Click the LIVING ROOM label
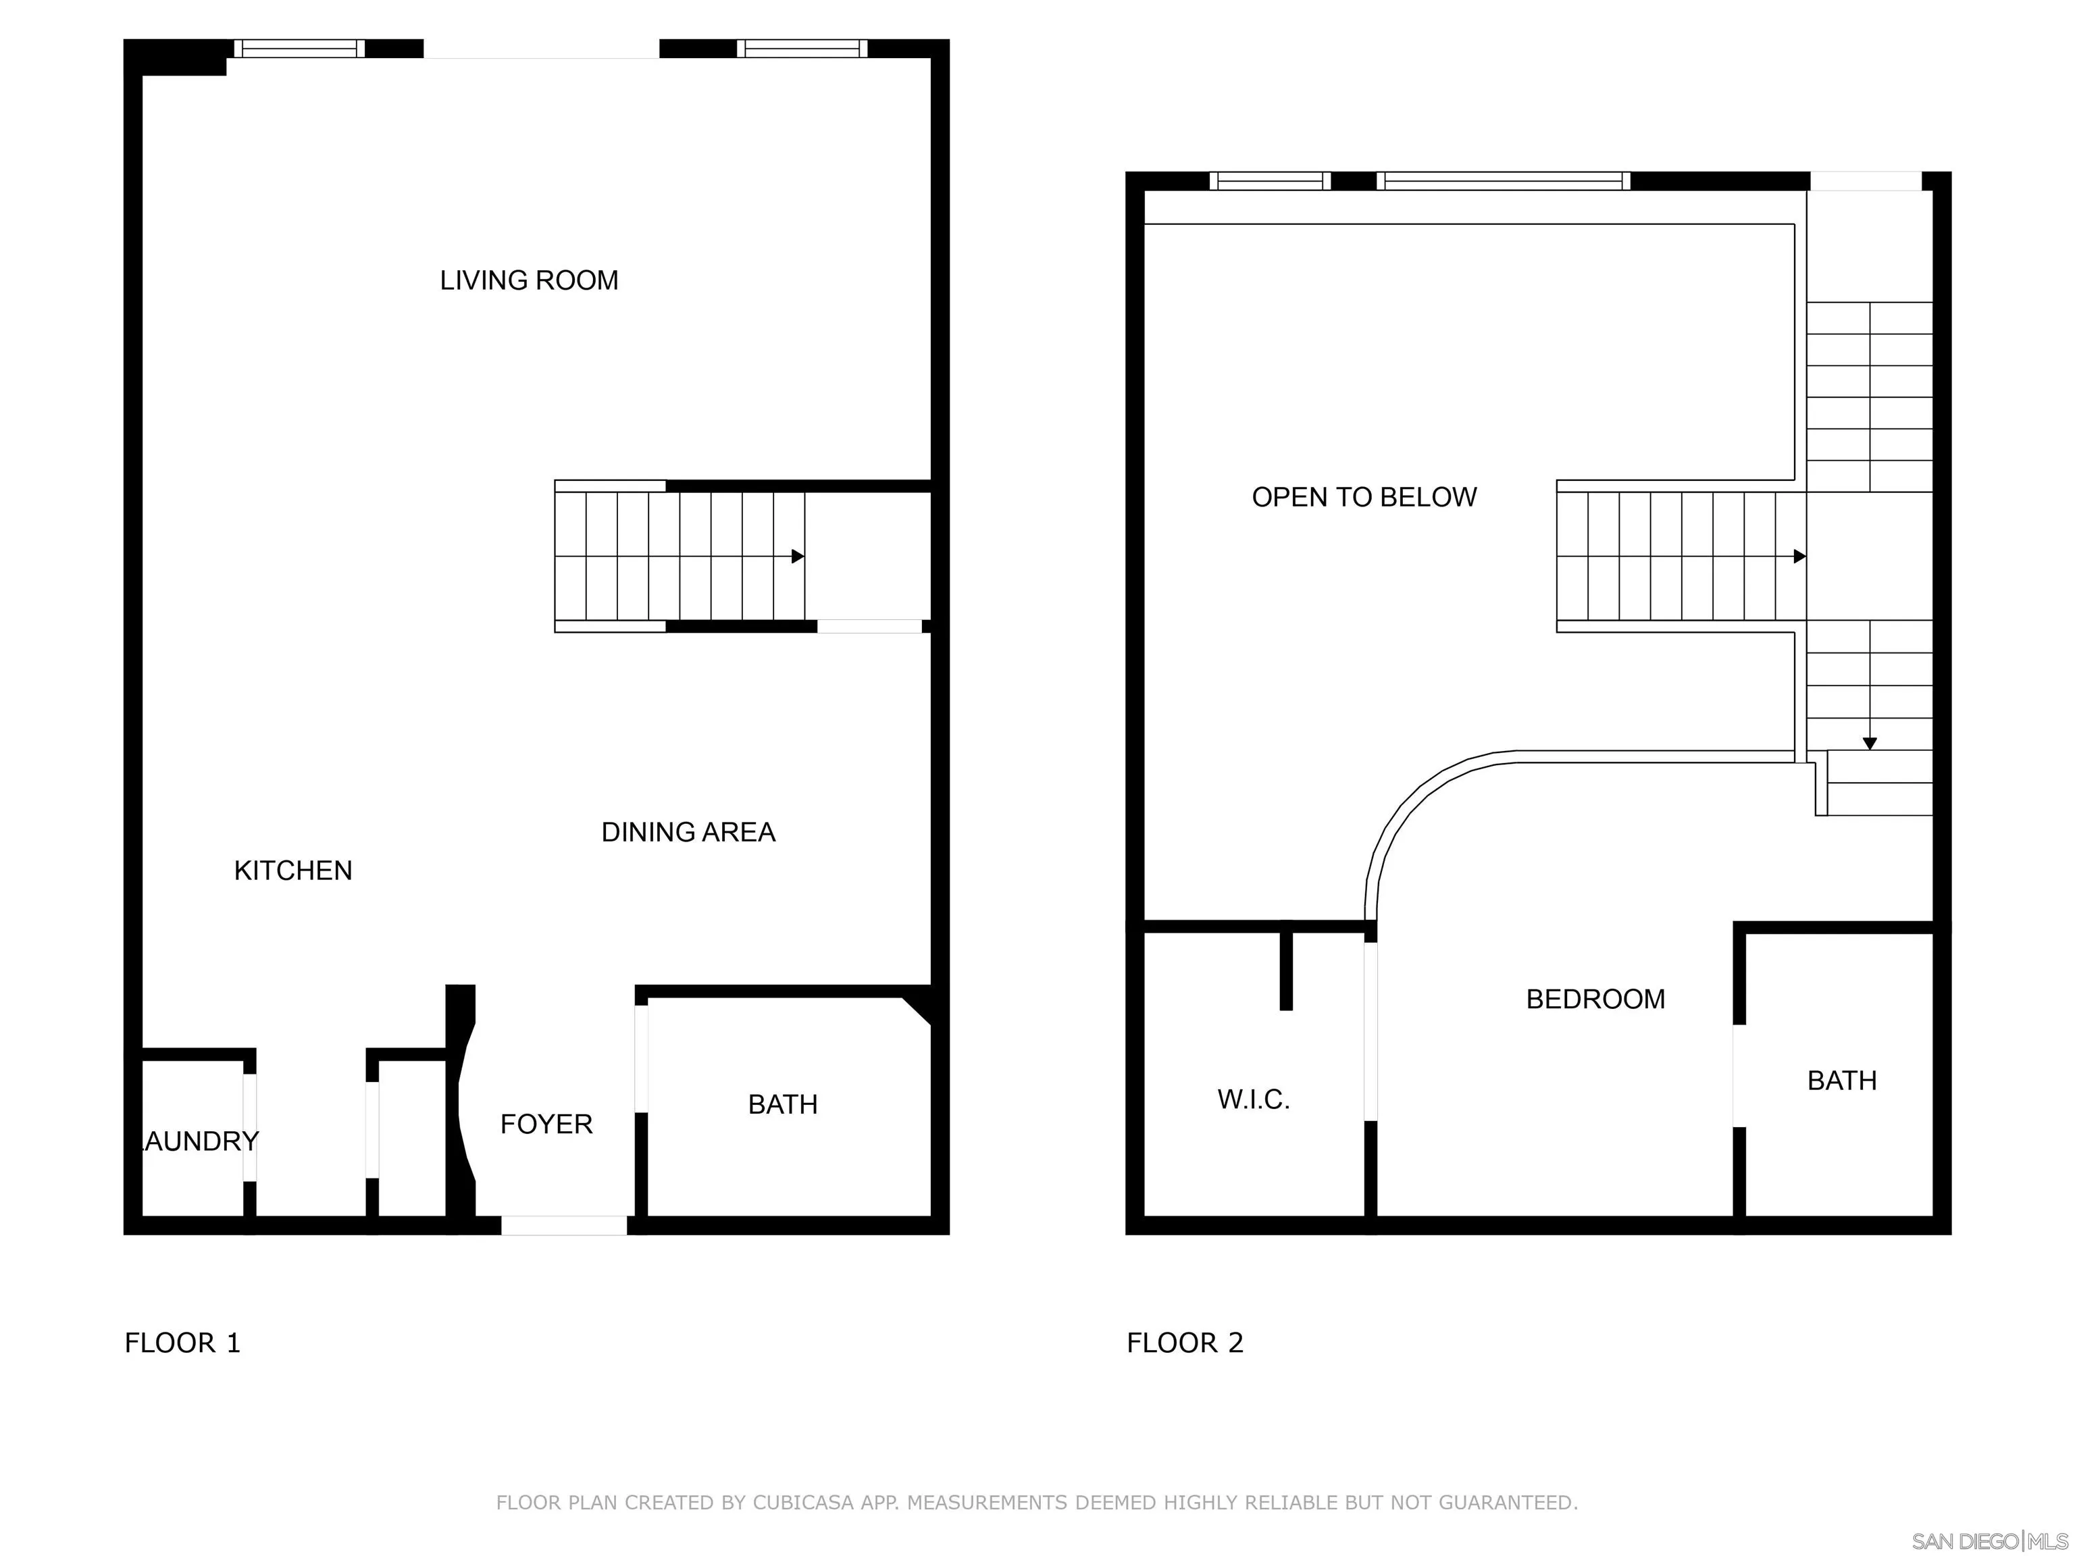529,280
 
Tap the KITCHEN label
292,871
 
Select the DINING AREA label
688,832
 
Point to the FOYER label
546,1124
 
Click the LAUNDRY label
198,1141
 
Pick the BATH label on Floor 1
782,1104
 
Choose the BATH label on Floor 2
1841,1081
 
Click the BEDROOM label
1595,999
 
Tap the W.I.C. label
1253,1099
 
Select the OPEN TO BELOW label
1364,497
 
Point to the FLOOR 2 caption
1185,1343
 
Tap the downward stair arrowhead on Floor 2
1870,744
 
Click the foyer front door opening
564,1225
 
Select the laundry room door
249,1127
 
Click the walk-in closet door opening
1370,1032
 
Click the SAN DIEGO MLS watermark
1989,1541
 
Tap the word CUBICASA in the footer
804,1503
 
